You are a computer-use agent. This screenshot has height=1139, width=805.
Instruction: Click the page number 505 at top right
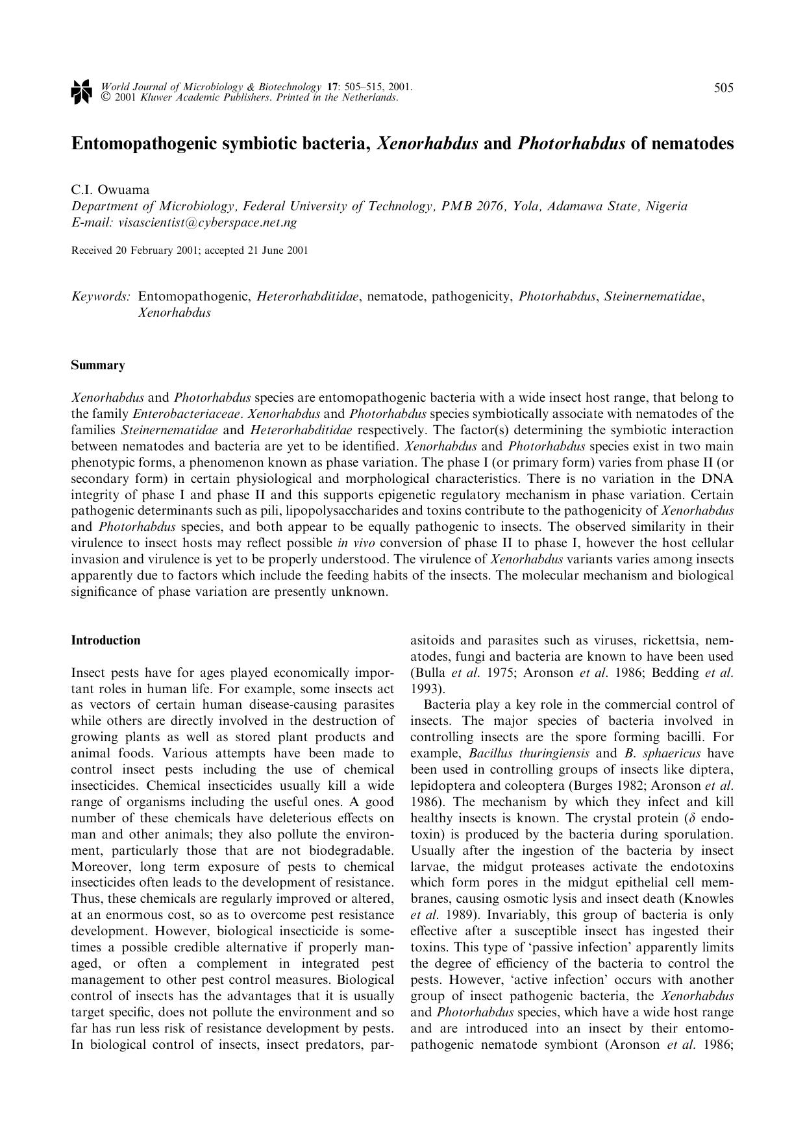pos(723,88)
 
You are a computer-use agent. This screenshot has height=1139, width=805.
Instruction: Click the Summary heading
pos(98,365)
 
